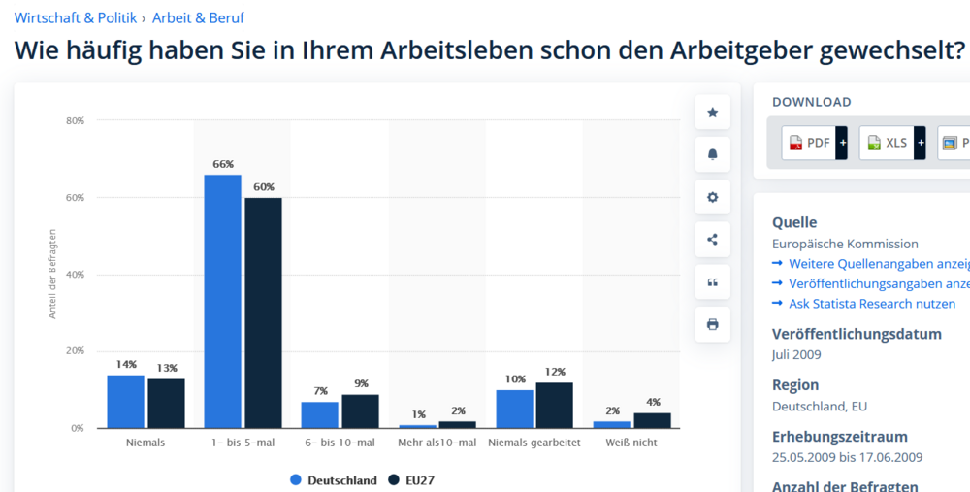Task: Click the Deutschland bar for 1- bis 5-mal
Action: coord(223,302)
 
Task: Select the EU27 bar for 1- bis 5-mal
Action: coord(263,313)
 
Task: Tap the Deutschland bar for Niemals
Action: coord(125,402)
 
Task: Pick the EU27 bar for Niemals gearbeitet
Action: coord(554,406)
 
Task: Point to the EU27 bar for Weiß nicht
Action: coord(652,421)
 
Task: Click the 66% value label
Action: coord(223,164)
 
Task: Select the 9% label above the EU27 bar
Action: coord(361,383)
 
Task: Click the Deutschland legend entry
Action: coord(334,480)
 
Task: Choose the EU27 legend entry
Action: coord(411,480)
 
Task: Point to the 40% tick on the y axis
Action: coord(75,275)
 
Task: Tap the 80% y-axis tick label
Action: coord(75,120)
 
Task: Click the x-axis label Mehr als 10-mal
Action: coord(436,443)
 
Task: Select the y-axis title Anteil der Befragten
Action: coord(52,274)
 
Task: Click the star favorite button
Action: coord(713,113)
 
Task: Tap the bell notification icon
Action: coord(713,154)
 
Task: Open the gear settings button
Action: coord(713,197)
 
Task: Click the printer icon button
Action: coord(713,324)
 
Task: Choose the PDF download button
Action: coord(814,143)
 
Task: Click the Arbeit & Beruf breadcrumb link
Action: coord(198,17)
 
